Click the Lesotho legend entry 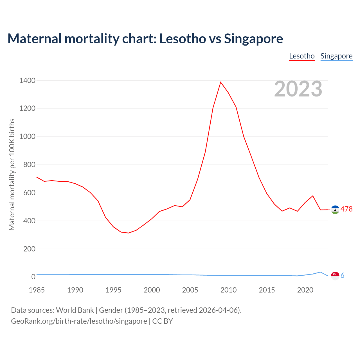[x=302, y=56]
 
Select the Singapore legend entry [x=336, y=56]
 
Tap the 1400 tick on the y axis [x=28, y=81]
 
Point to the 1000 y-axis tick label [x=28, y=137]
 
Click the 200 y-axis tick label [x=30, y=249]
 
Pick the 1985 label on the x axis [x=37, y=290]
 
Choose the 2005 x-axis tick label [x=190, y=290]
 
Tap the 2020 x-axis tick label [x=305, y=290]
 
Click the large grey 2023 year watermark [x=298, y=89]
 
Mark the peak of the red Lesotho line [x=221, y=82]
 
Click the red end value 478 [x=346, y=209]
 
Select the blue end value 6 [x=342, y=276]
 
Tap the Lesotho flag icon [x=335, y=210]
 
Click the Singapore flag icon [x=335, y=276]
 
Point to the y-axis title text [x=12, y=174]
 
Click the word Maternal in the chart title [x=34, y=39]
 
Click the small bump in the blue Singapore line [x=320, y=272]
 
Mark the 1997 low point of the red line [x=129, y=233]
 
